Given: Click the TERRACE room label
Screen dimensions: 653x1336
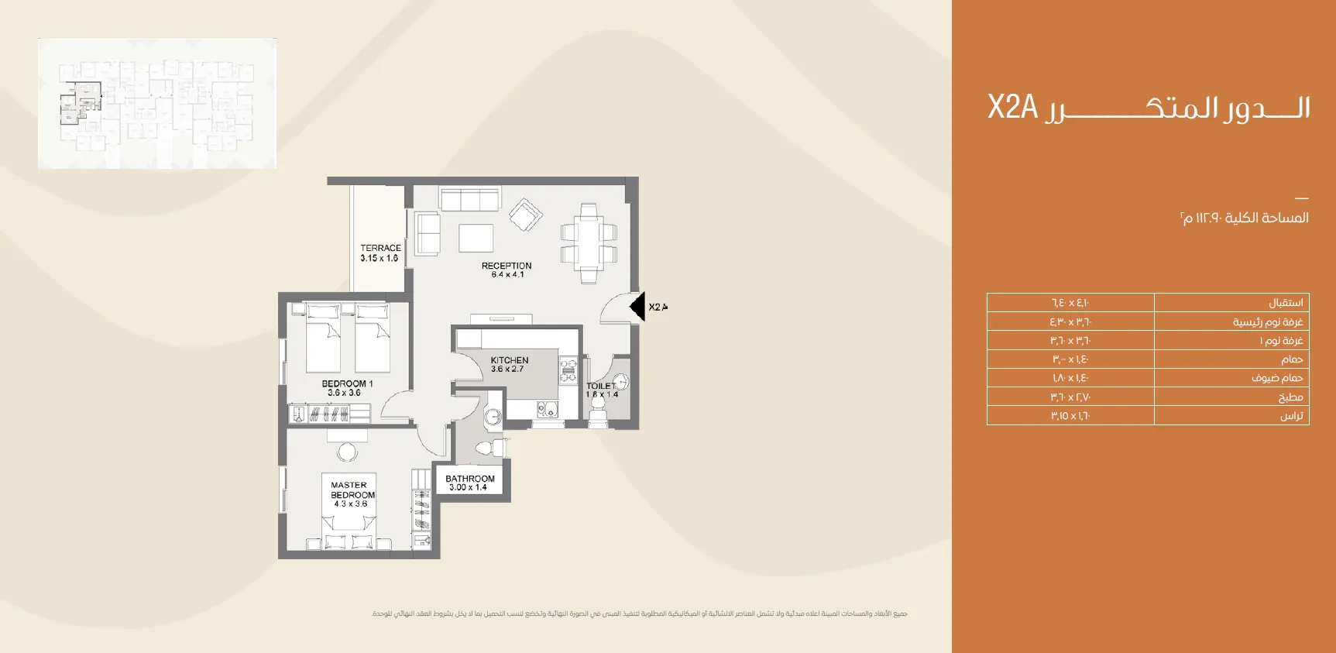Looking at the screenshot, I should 380,253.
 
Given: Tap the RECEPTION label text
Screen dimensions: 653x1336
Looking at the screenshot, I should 507,270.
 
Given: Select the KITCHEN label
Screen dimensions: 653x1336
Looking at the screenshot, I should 509,364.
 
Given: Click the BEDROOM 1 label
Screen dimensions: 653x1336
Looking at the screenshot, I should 346,388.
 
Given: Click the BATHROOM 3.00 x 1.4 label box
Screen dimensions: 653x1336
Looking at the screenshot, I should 469,483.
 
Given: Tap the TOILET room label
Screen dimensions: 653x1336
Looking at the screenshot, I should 602,390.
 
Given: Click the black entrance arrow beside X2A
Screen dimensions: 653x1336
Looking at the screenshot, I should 637,307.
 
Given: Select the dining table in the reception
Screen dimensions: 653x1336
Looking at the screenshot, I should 589,242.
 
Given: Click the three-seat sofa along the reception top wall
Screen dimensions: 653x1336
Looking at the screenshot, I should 469,199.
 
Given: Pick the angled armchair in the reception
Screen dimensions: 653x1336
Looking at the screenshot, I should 526,215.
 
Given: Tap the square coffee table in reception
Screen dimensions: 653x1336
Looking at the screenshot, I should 476,238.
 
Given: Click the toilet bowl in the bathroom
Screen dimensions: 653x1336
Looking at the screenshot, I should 486,448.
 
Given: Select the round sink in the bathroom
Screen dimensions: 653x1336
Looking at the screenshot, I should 493,418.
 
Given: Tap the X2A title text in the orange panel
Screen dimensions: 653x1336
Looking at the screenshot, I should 1012,107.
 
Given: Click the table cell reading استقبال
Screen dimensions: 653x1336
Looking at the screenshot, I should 1231,303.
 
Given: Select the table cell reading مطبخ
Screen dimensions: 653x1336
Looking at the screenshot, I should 1231,397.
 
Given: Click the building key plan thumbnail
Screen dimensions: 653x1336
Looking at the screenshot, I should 157,104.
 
